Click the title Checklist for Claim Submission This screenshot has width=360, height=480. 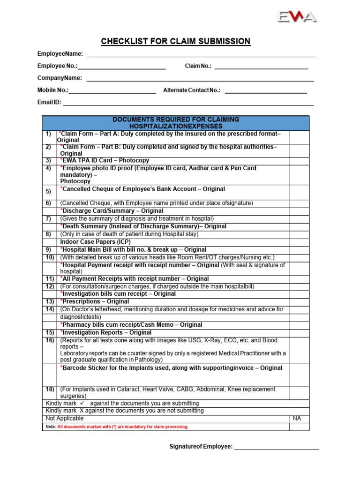coord(180,42)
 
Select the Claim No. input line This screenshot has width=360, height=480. coord(261,68)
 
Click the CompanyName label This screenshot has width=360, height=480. coord(60,78)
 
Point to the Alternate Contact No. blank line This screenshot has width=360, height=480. coord(266,92)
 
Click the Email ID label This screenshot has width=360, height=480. coord(49,102)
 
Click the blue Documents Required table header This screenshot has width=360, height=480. coord(176,123)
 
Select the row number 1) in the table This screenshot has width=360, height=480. coord(48,134)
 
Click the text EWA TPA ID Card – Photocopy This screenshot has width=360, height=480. coord(105,160)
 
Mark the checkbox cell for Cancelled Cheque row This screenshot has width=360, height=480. coord(299,192)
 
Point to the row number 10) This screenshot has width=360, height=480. coord(50,257)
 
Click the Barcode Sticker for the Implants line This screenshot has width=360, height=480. coord(171,368)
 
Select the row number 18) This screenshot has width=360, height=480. coord(50,390)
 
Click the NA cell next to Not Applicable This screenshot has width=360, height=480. coord(299,418)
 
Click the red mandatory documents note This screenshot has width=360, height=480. coord(122,427)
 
